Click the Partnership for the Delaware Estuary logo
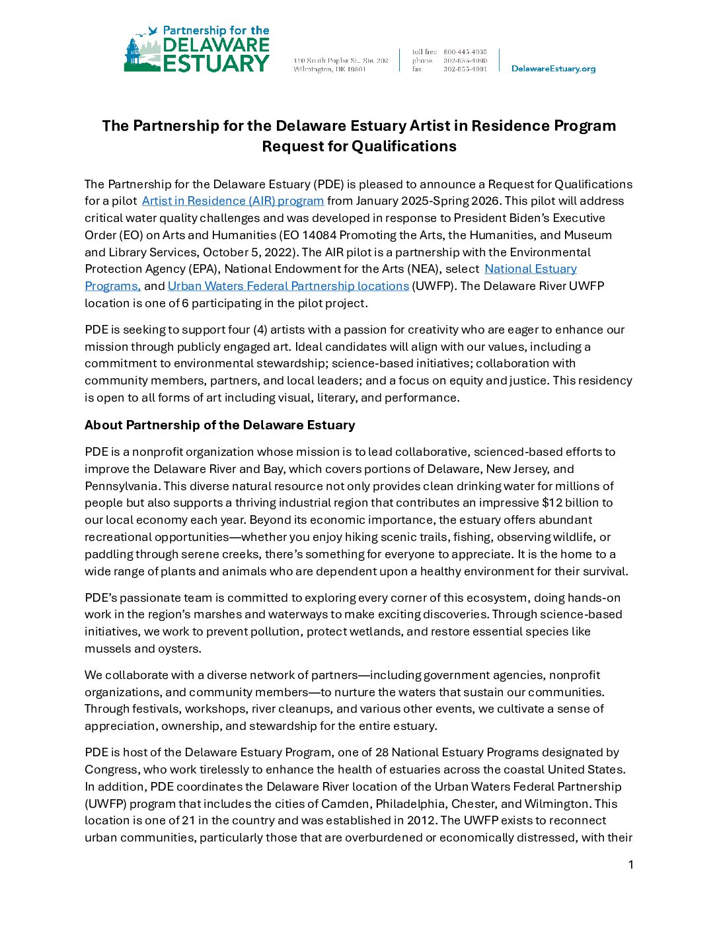tap(197, 50)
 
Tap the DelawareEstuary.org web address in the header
tap(553, 69)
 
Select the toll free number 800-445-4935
tap(465, 52)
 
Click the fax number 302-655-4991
tap(465, 69)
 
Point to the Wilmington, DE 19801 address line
tap(330, 69)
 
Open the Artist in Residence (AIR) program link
tap(233, 201)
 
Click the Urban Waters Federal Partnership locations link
tap(288, 286)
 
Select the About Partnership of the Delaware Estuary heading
tap(219, 425)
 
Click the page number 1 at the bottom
tap(630, 865)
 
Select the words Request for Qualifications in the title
tap(359, 146)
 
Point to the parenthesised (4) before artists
tap(260, 330)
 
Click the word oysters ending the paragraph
tap(176, 649)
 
